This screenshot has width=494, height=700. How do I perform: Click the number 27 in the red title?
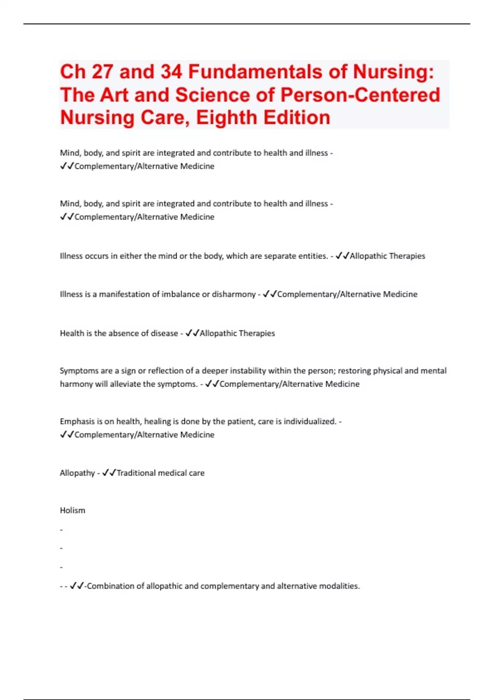coord(103,72)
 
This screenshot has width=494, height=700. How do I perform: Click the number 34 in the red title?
coord(171,72)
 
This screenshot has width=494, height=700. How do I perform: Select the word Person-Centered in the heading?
coord(360,95)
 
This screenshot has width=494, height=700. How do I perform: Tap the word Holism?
coord(72,510)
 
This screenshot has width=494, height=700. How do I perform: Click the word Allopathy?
coord(77,473)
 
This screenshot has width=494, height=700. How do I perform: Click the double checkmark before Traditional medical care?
coord(109,473)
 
